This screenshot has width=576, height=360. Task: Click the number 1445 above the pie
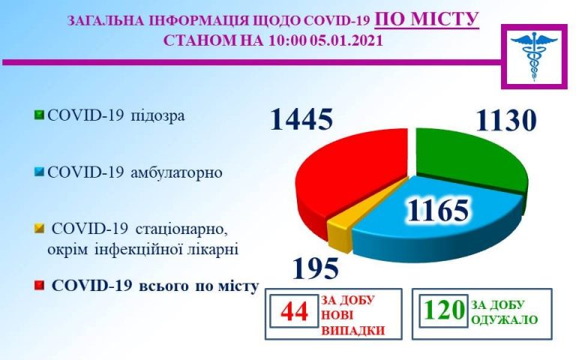[x=301, y=119]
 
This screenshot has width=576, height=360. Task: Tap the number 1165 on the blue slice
[x=438, y=211]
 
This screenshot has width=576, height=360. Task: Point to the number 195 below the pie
[x=316, y=268]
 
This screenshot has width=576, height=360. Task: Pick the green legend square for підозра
[x=39, y=115]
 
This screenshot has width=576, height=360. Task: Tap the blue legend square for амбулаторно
[x=39, y=172]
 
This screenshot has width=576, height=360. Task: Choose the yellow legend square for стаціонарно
[x=39, y=229]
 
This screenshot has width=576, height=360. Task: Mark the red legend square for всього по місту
[x=39, y=286]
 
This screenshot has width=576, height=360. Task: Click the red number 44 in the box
[x=294, y=311]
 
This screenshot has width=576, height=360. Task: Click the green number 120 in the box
[x=444, y=310]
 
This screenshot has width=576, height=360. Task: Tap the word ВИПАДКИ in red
[x=353, y=330]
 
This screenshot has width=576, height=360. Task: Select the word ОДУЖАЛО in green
[x=504, y=319]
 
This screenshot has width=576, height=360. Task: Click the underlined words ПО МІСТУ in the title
[x=427, y=19]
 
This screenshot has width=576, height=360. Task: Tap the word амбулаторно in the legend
[x=177, y=172]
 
